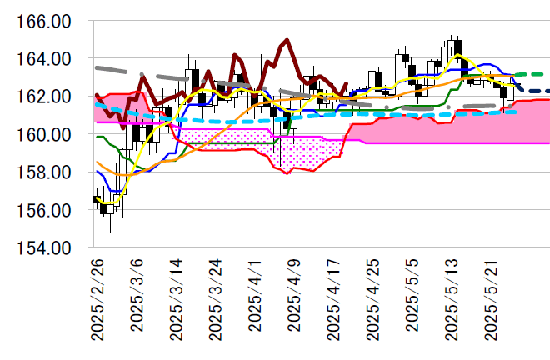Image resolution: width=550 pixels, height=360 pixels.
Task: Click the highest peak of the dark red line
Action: [287, 39]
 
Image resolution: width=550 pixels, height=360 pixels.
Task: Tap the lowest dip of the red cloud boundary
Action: [286, 173]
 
